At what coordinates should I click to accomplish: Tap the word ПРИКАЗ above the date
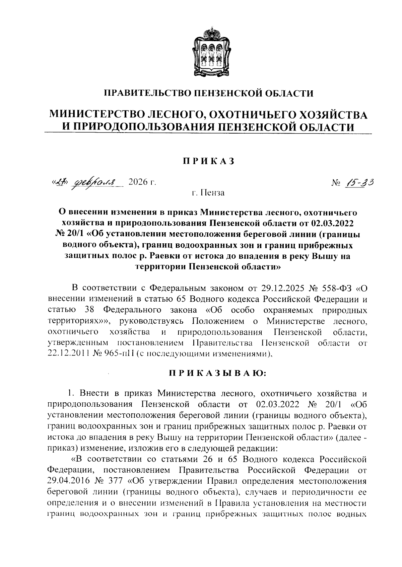pos(208,162)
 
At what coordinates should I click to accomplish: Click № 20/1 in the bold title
pos(69,234)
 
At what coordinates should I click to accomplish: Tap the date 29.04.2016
pos(69,481)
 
